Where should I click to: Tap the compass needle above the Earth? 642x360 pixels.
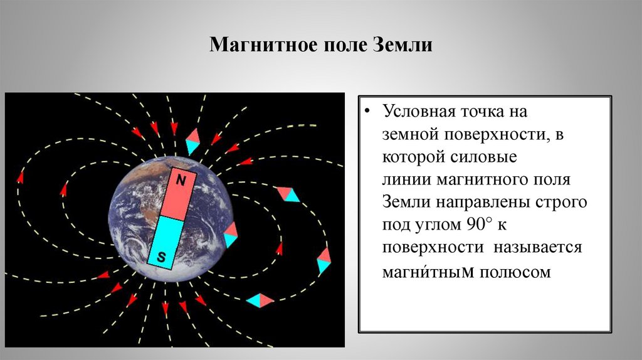click(x=192, y=142)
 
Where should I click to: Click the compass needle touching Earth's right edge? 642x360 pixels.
click(x=231, y=234)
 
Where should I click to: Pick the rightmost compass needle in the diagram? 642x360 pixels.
click(x=324, y=260)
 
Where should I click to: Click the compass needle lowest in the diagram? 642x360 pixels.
click(x=260, y=300)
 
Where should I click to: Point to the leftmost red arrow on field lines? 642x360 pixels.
click(x=20, y=177)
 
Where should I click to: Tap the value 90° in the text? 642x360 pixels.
click(x=480, y=225)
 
